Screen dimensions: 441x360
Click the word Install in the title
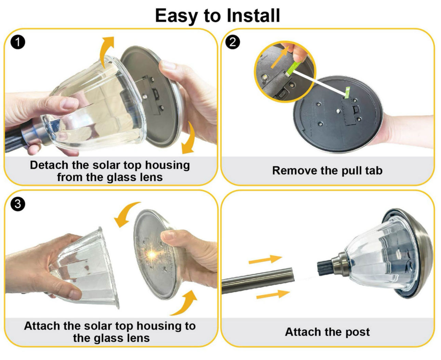point(253,15)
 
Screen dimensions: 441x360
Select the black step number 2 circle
point(232,42)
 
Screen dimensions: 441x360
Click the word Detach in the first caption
point(49,165)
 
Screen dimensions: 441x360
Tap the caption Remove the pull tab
point(327,170)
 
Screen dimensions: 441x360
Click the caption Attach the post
point(327,332)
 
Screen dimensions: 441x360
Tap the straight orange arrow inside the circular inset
point(280,57)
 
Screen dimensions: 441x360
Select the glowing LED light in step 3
point(151,255)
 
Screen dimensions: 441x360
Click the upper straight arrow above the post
point(266,259)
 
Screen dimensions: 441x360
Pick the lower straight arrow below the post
point(273,295)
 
